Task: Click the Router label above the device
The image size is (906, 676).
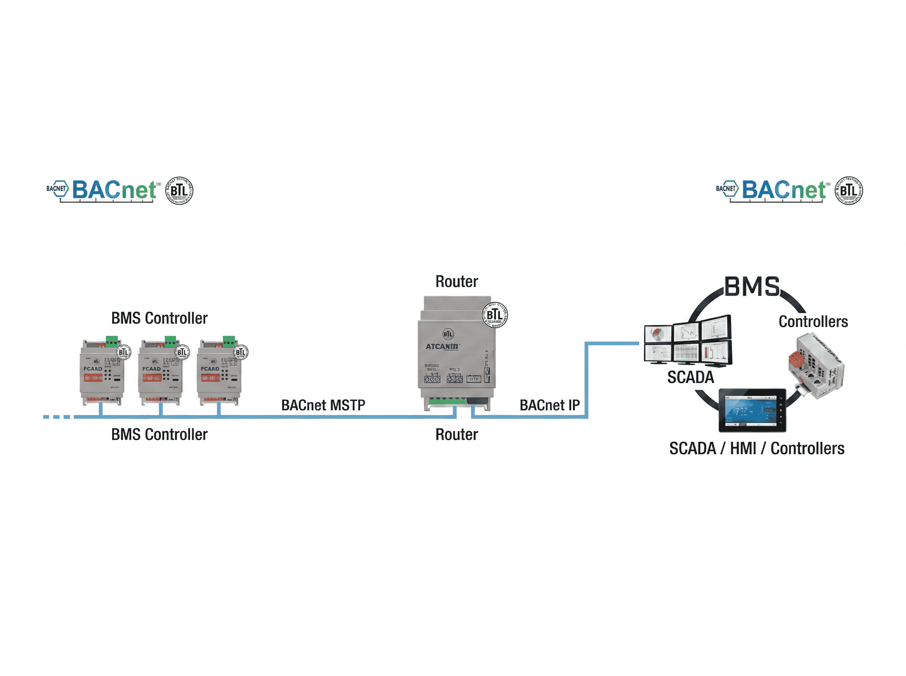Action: [x=456, y=281]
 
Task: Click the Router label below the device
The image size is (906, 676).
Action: [x=456, y=435]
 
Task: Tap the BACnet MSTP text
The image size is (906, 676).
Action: [x=323, y=405]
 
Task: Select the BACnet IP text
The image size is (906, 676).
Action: [x=549, y=405]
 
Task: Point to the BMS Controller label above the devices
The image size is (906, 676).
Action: [x=159, y=318]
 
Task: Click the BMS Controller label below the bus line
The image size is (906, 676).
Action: [x=159, y=435]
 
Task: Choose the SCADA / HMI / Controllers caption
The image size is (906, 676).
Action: [x=756, y=449]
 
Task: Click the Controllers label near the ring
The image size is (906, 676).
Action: [x=813, y=322]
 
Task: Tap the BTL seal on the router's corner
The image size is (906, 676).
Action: [x=495, y=315]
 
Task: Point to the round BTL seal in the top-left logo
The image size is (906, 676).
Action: [x=179, y=190]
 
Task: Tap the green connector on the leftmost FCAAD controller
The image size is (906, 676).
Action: [x=111, y=341]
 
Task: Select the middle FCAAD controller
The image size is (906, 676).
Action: [x=160, y=372]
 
